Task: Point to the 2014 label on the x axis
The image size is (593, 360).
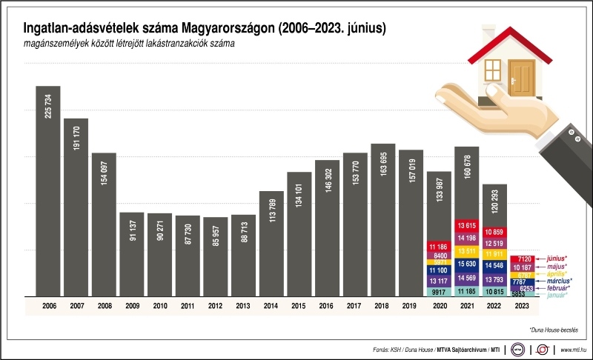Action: (271, 305)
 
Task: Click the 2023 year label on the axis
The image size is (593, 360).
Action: (522, 305)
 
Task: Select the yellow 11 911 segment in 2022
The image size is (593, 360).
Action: (494, 254)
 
